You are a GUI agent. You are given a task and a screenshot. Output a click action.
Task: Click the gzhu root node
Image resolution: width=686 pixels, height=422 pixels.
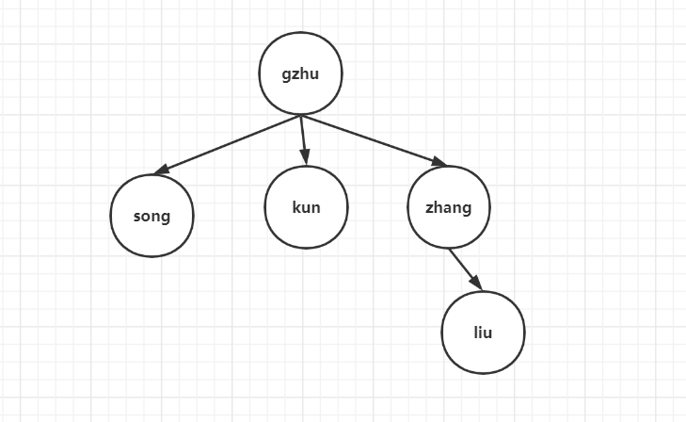[300, 74]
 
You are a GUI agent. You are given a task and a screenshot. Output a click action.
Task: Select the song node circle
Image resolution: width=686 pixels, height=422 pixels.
[152, 216]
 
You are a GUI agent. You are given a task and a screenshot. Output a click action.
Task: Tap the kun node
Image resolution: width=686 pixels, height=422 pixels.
[306, 207]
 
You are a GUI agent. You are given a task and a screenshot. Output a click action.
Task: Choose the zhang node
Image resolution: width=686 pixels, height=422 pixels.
[449, 207]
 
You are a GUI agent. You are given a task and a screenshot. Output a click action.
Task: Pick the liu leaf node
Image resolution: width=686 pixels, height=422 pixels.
[483, 333]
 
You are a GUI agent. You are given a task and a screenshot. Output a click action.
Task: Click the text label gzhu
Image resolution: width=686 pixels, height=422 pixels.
[300, 74]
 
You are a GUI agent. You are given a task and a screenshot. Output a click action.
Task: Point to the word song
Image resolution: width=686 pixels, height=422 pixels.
[152, 216]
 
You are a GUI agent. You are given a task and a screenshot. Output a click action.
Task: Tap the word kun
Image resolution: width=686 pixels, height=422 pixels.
[306, 207]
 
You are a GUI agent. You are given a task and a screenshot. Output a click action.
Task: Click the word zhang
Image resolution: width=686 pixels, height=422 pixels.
[449, 208]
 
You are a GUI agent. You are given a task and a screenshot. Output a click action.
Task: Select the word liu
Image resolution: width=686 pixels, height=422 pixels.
[483, 333]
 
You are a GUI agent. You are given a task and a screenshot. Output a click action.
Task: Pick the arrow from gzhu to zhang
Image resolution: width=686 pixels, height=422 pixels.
[372, 140]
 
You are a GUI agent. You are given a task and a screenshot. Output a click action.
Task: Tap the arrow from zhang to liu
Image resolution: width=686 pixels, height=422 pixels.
[465, 268]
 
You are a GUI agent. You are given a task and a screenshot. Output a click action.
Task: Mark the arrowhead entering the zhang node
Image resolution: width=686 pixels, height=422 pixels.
[439, 163]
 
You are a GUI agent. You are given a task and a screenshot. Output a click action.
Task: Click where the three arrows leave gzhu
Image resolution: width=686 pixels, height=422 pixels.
[300, 116]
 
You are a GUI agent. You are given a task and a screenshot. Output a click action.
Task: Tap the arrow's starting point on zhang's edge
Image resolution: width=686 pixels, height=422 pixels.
[450, 249]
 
